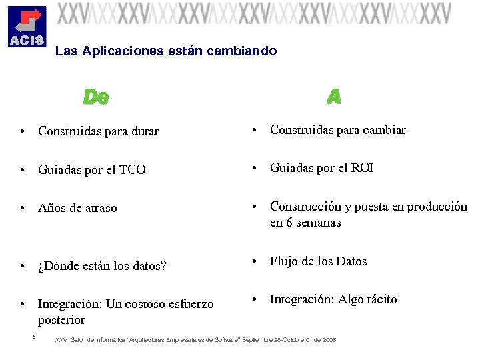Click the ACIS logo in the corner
pos(27,26)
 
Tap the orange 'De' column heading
pos(96,97)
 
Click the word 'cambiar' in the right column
pos(385,130)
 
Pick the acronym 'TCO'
pos(132,170)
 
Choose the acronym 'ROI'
pos(362,168)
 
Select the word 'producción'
pos(435,207)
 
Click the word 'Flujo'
pos(283,261)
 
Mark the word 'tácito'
pos(381,299)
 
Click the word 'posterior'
pos(61,319)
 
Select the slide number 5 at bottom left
pos(33,335)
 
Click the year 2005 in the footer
pos(329,340)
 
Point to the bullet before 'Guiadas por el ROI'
pos(254,169)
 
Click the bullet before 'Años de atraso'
pos(23,209)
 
